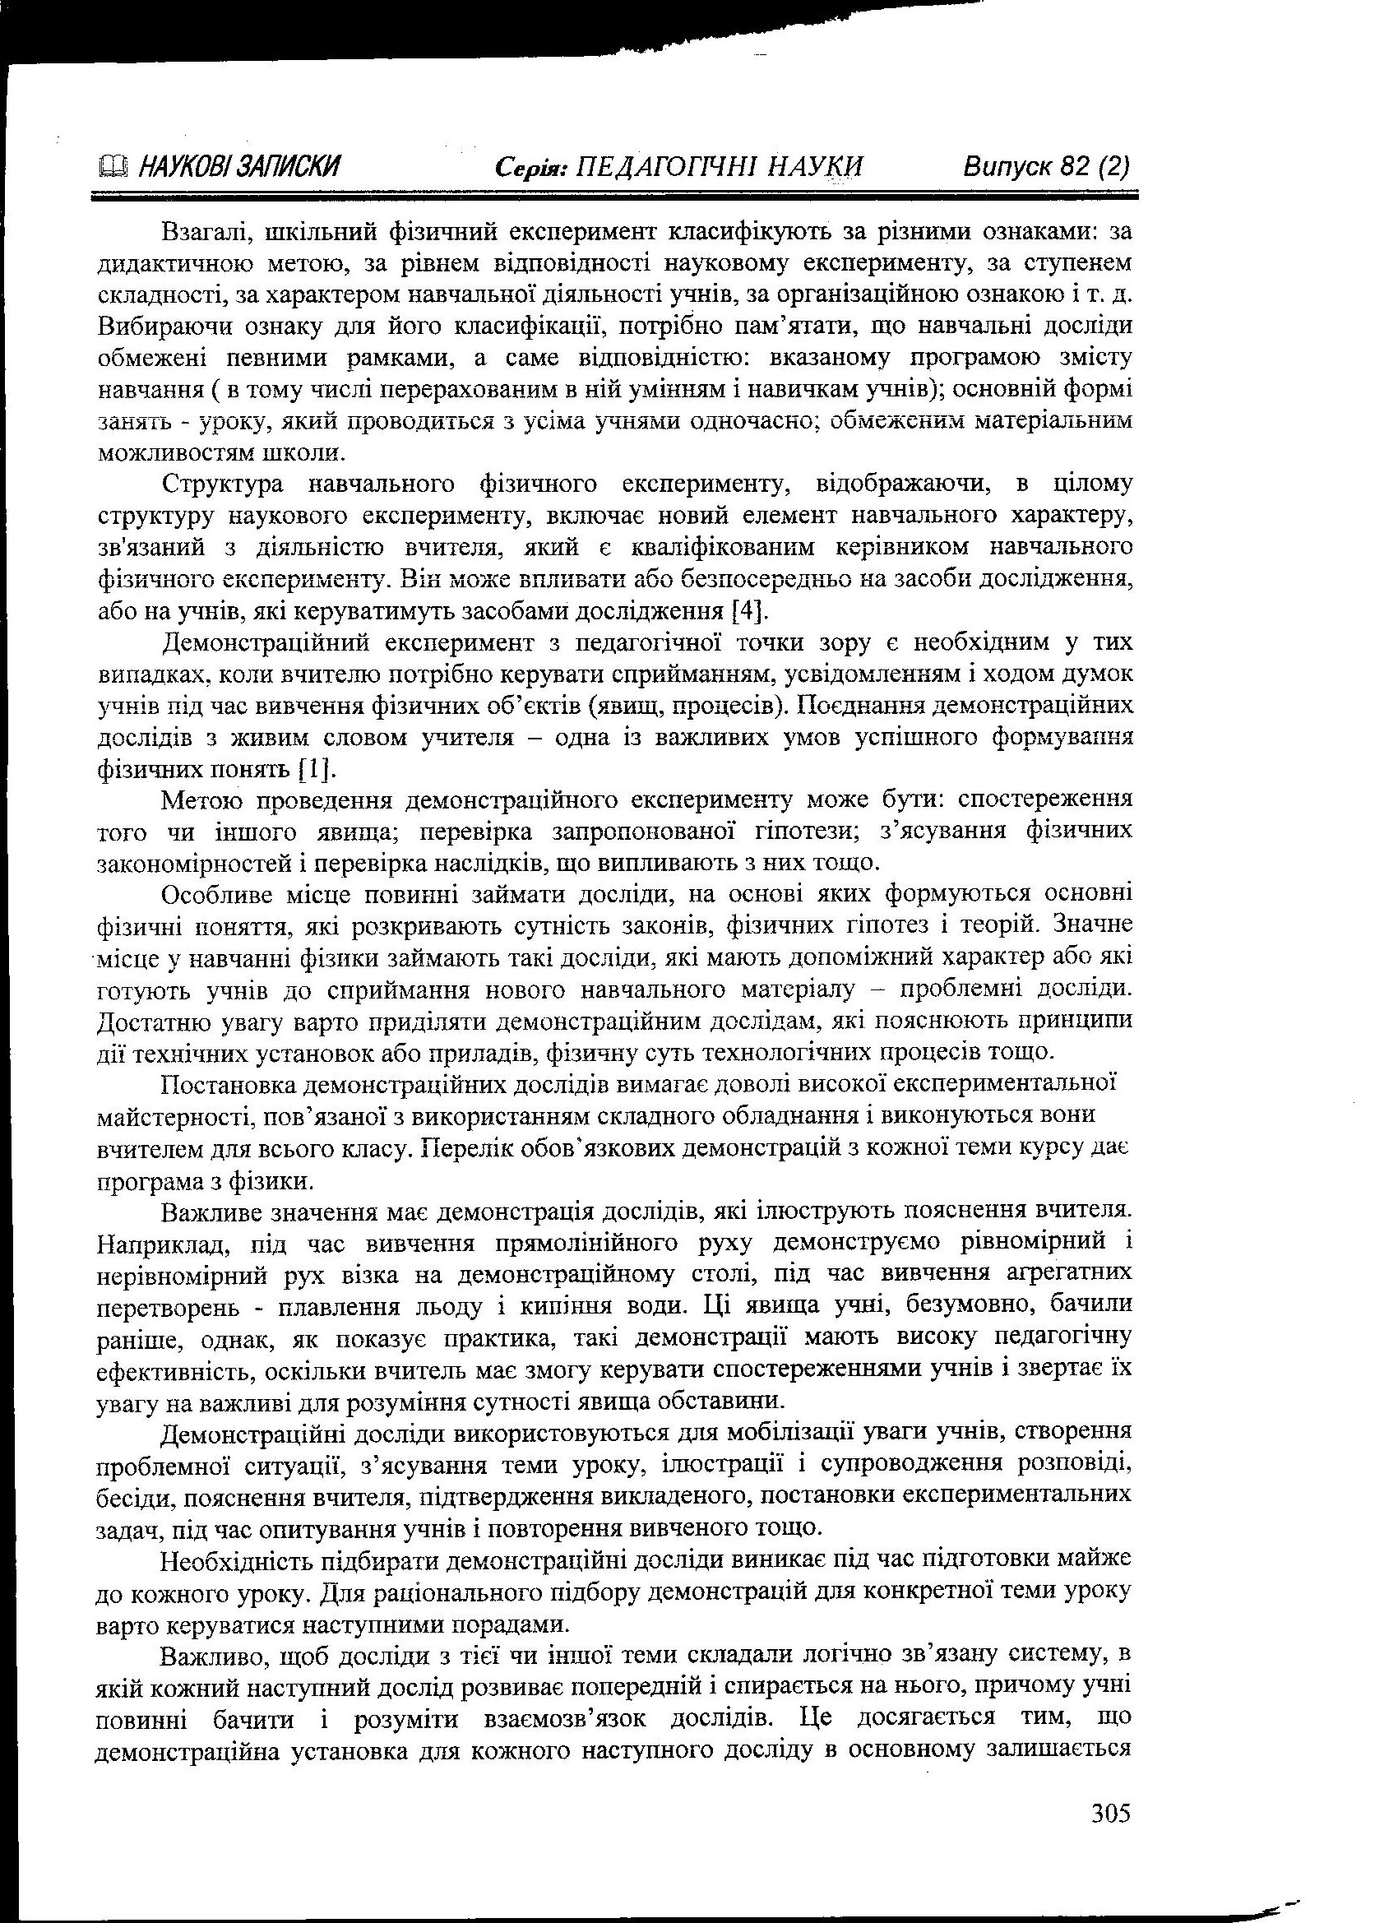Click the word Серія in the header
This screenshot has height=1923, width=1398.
coord(530,165)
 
